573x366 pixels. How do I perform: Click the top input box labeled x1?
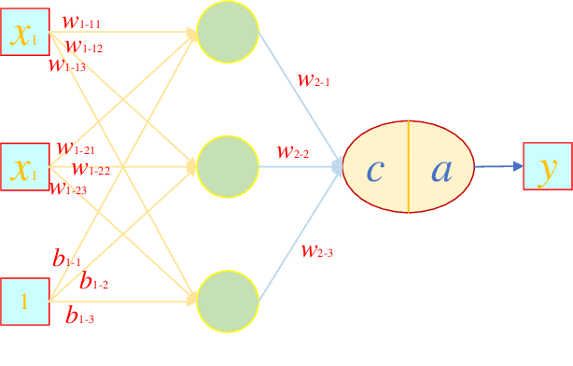tap(25, 34)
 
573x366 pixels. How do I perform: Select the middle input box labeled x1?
tap(25, 168)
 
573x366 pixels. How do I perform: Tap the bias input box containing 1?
tap(25, 302)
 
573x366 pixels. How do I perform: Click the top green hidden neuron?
tap(228, 34)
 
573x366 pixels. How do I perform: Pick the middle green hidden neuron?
tap(228, 166)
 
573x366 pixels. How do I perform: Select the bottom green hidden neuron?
tap(228, 300)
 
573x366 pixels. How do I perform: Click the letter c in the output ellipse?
tap(375, 170)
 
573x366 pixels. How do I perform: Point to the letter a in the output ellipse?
tap(441, 170)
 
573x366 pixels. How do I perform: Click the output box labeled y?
tap(548, 168)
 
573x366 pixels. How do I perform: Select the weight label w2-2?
tap(293, 150)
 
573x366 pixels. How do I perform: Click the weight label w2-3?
tap(317, 249)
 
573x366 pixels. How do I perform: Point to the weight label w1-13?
tap(67, 64)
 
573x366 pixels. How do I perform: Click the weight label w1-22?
tap(91, 169)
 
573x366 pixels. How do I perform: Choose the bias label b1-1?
tap(67, 260)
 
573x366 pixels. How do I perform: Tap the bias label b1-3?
tap(80, 317)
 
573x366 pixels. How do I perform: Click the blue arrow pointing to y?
tap(498, 167)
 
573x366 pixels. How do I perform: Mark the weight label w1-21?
tap(76, 148)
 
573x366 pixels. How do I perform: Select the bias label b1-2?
tap(94, 280)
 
